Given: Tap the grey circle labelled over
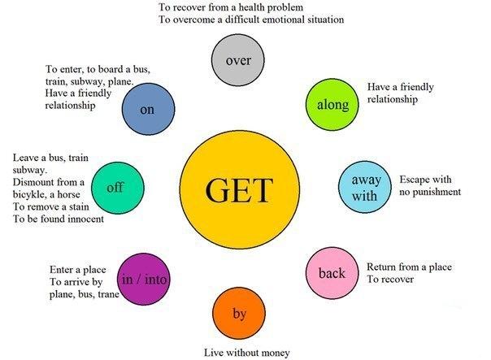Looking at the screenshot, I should tap(238, 59).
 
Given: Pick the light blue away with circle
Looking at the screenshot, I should tap(365, 187).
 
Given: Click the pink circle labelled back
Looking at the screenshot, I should tap(332, 273).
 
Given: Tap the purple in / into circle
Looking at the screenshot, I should tap(144, 280).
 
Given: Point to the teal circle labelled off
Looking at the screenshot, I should tap(115, 188).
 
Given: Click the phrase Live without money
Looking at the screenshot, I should tap(246, 353).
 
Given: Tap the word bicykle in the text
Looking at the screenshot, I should tap(32, 195).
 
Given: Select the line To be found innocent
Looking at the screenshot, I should tap(58, 219).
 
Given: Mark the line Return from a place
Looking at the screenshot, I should tap(409, 267).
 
